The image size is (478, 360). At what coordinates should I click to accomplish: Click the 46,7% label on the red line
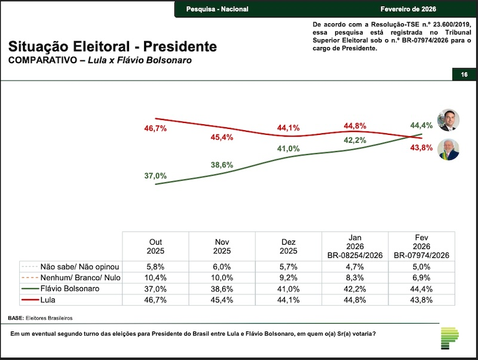[155, 128]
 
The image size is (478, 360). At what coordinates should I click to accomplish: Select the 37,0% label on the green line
[155, 176]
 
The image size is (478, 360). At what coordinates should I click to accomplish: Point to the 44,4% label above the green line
[421, 125]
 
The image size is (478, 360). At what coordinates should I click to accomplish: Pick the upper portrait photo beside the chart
[448, 119]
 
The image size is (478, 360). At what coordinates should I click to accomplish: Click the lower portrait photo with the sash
[448, 149]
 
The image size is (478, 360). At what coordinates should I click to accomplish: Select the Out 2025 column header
[155, 246]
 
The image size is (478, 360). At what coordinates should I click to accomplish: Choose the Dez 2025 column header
[288, 246]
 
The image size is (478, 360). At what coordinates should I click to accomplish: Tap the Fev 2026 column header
[421, 245]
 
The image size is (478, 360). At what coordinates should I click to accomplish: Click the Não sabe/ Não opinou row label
[80, 267]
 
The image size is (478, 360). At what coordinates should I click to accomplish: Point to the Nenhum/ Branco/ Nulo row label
[80, 278]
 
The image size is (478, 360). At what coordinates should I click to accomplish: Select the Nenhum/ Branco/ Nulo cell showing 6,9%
[421, 278]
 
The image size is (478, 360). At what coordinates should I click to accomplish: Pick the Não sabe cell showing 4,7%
[355, 267]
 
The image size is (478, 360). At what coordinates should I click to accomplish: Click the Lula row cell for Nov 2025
[222, 299]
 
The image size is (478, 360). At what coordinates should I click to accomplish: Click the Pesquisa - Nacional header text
[217, 10]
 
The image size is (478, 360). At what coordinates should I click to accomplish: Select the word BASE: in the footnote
[17, 318]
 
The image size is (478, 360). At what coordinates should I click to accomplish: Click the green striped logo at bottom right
[450, 339]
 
